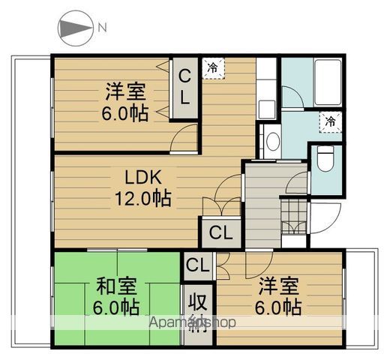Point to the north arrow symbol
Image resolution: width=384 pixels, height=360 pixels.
click(73, 28)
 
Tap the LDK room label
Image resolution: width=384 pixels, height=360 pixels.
click(142, 178)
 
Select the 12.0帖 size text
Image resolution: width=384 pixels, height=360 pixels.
click(142, 199)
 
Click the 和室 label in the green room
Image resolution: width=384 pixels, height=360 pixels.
click(116, 286)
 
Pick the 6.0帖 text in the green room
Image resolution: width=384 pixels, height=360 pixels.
click(116, 307)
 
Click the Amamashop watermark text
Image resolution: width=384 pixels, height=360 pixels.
click(193, 322)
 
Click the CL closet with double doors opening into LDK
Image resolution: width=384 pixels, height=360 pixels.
click(220, 232)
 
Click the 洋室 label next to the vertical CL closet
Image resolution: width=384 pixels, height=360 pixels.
click(125, 92)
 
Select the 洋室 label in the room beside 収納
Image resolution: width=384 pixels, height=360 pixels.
click(280, 286)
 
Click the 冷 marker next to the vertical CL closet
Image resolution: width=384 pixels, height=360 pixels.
click(214, 67)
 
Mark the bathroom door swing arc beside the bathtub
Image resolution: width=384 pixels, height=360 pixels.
click(294, 101)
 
